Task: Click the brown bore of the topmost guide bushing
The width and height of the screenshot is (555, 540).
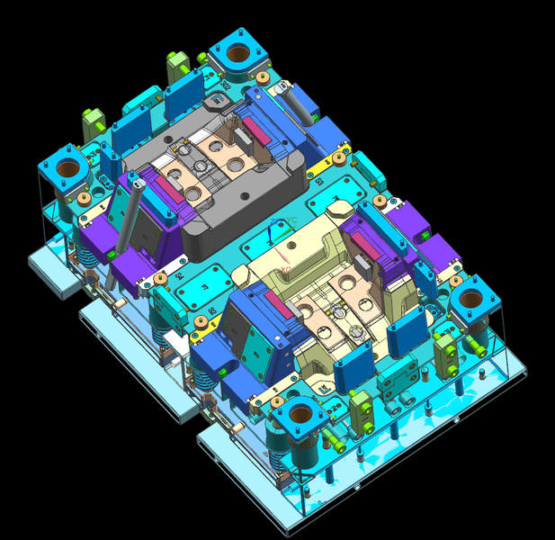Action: (237, 53)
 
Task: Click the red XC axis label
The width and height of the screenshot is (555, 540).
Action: (285, 269)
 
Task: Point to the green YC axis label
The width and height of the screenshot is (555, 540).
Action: (288, 220)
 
